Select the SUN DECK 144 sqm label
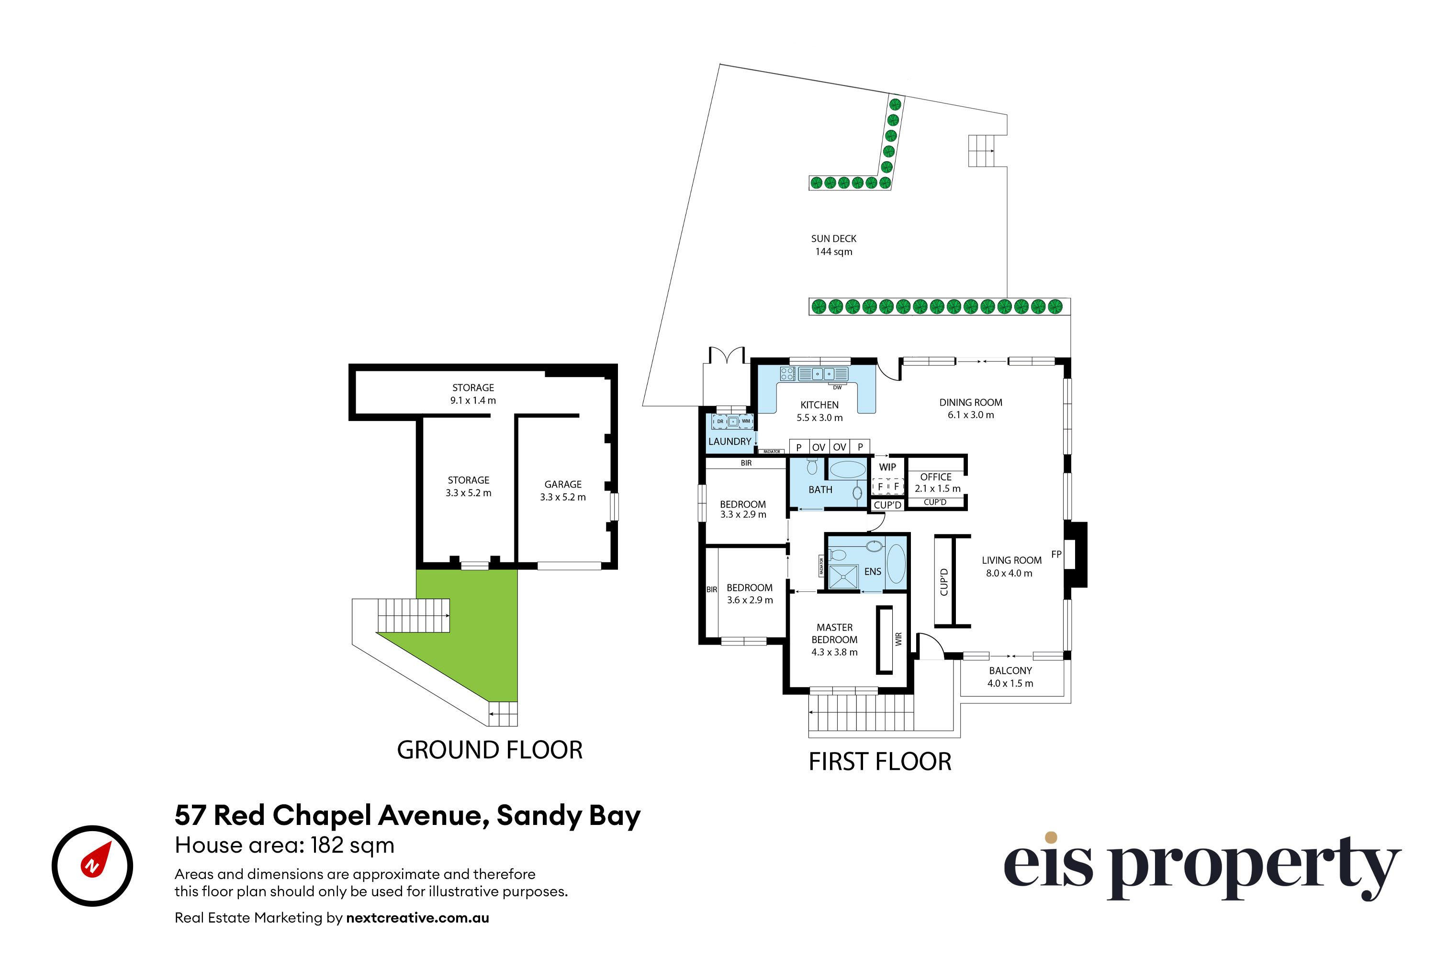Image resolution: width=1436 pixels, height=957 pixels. (x=833, y=245)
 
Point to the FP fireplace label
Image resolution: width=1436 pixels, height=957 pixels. (x=1056, y=554)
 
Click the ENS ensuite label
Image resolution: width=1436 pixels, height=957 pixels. (x=873, y=571)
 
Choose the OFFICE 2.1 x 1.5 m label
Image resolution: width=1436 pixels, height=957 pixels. (x=937, y=482)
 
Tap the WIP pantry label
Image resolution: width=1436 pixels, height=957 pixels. (x=887, y=467)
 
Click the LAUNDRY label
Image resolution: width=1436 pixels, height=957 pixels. (x=729, y=441)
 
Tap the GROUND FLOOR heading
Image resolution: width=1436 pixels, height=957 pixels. (x=489, y=750)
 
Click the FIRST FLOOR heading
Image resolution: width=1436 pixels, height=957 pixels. (x=880, y=762)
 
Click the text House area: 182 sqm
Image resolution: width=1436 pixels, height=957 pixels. (x=284, y=846)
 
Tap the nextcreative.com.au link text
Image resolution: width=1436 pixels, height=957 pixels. (x=417, y=918)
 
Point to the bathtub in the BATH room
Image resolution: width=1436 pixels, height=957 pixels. (x=847, y=469)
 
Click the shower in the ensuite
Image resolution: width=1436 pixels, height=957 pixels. (x=843, y=576)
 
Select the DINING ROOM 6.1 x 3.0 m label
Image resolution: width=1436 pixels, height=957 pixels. (x=970, y=408)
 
